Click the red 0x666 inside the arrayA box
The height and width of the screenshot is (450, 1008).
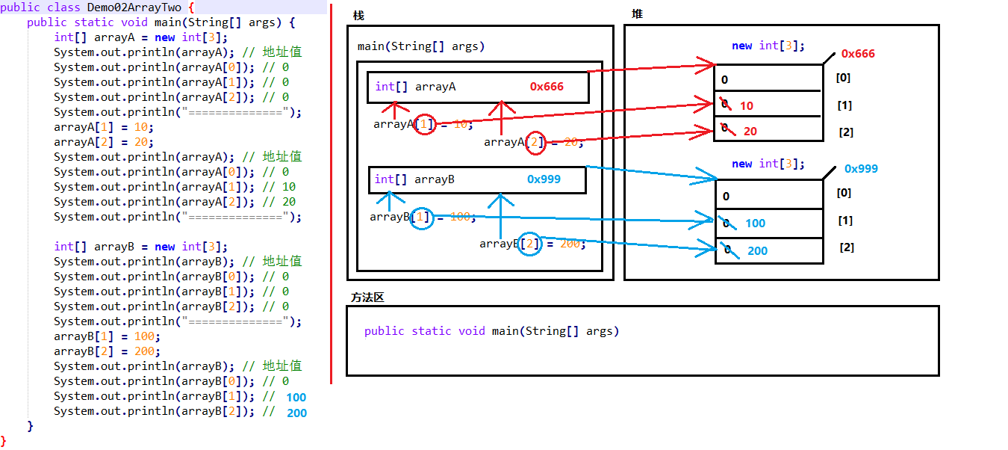click(547, 87)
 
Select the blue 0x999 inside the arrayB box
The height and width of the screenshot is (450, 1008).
click(544, 179)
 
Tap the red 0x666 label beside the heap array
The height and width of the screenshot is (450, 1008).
click(857, 54)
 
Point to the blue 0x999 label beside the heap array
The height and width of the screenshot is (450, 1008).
click(861, 169)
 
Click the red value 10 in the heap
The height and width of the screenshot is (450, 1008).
click(747, 106)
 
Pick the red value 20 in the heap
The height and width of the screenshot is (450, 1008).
click(750, 132)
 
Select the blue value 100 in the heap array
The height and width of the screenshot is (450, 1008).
click(755, 223)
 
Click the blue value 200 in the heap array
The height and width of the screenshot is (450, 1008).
click(757, 251)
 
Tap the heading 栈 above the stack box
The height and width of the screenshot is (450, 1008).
click(358, 16)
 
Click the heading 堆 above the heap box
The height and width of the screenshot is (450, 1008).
click(637, 14)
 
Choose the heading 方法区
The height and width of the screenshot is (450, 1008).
click(367, 298)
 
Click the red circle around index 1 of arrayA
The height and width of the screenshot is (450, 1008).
click(424, 124)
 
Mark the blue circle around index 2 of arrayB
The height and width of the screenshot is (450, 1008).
click(530, 244)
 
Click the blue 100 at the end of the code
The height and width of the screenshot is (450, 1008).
click(296, 398)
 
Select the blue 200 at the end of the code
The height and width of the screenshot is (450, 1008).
click(296, 413)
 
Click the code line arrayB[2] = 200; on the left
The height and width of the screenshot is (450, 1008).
click(105, 351)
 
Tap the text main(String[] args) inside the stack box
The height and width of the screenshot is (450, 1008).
click(421, 46)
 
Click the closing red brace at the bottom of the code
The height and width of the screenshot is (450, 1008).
click(4, 441)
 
